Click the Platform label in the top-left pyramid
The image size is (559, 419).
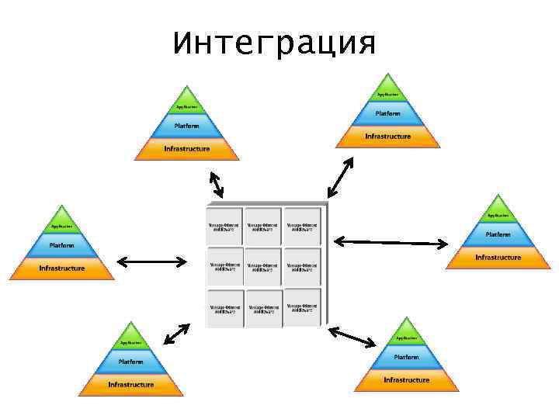186,125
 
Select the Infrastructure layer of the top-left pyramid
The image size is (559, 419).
186,149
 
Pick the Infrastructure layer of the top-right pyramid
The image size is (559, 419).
387,137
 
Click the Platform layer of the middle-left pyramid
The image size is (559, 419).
62,245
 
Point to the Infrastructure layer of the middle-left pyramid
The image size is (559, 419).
62,268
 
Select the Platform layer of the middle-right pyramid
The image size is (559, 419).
498,234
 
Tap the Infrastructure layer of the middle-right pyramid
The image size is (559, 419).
498,258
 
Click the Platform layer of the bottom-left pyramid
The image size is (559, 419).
130,362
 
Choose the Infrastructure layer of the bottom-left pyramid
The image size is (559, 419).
130,385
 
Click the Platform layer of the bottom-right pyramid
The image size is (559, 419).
406,357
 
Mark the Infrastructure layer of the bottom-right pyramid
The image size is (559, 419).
406,380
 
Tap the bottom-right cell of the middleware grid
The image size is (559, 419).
302,309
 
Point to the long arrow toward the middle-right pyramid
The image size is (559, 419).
391,242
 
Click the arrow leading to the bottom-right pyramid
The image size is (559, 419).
352,337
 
